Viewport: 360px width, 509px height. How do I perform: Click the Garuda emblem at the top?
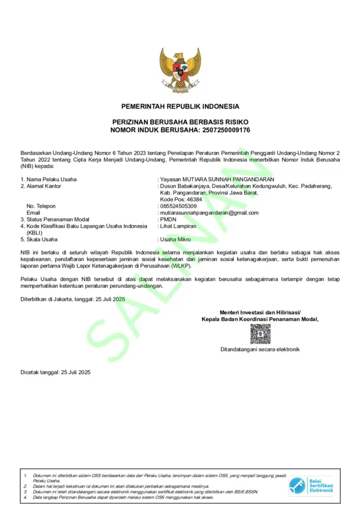(180, 70)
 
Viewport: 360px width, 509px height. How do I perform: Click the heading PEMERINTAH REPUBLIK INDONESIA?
(180, 106)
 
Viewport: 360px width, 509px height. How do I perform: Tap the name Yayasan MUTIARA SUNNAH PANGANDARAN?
(217, 179)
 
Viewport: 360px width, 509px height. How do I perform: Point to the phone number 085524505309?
(178, 206)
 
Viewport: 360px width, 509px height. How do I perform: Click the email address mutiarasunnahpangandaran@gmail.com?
(209, 213)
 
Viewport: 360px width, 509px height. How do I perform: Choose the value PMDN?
(168, 219)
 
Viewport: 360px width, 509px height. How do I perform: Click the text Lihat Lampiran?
(178, 226)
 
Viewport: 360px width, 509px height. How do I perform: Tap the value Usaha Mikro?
(175, 240)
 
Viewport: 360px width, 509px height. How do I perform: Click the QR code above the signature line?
(260, 334)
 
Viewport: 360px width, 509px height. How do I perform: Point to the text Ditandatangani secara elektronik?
(260, 349)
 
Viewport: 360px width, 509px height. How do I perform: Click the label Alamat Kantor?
(44, 186)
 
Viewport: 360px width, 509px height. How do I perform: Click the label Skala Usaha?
(43, 240)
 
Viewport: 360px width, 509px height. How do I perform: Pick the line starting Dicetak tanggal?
(55, 372)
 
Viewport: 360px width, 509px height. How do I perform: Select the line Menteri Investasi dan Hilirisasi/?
(260, 312)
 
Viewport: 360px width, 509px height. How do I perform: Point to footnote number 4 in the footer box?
(25, 497)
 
